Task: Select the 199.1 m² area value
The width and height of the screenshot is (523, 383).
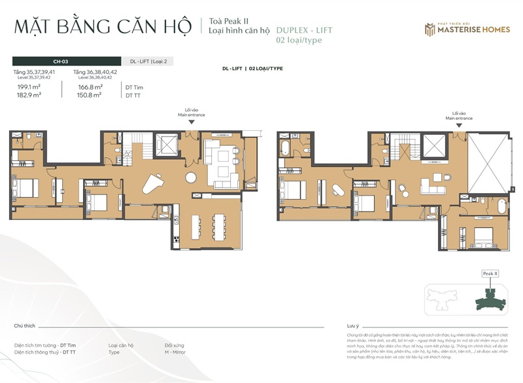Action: [x=29, y=86]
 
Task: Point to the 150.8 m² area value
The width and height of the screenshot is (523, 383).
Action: [x=90, y=95]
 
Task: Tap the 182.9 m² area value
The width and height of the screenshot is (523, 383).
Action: [x=29, y=95]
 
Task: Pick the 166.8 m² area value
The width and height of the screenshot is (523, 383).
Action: [x=90, y=86]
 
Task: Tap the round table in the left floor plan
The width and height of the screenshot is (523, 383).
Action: [x=190, y=177]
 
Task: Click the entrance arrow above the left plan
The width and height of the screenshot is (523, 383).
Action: [x=191, y=122]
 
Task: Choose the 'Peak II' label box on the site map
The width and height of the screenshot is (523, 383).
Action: [x=490, y=273]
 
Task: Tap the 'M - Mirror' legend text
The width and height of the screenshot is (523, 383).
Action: [x=177, y=352]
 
